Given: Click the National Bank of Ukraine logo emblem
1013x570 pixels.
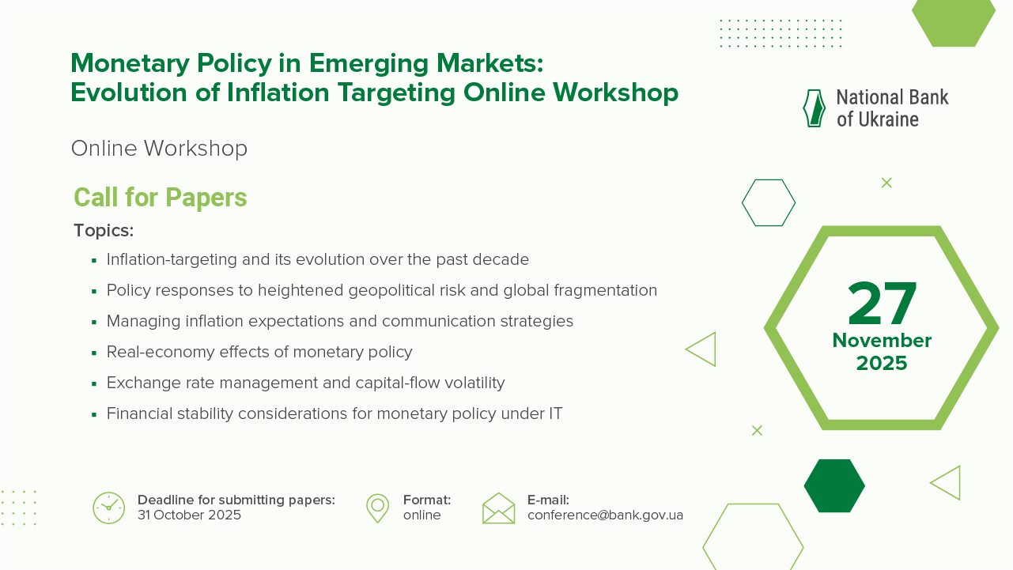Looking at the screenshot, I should tap(814, 108).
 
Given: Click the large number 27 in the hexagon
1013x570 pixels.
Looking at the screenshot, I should tap(882, 304).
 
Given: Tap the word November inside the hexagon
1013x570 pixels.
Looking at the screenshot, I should tap(882, 341).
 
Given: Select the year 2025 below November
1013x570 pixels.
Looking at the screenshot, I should tap(882, 364).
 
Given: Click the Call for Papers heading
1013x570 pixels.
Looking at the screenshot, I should tap(161, 198).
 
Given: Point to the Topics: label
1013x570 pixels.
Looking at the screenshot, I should tap(104, 231).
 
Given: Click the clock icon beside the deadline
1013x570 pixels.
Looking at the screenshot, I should tap(109, 508).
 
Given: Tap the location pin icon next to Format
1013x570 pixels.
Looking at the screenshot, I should tap(377, 508).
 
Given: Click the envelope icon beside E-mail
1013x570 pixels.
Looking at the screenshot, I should tap(498, 508).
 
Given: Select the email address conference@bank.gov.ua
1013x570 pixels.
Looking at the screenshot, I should tap(605, 515).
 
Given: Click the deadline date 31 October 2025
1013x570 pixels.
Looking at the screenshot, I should tap(189, 515).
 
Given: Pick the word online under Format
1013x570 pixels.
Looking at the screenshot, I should tap(421, 515).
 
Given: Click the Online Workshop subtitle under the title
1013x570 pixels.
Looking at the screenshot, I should tap(159, 149).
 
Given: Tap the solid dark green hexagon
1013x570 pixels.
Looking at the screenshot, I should tap(834, 485).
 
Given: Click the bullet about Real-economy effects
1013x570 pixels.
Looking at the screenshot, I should tap(259, 353).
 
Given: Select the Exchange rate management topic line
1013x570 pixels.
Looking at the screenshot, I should tap(305, 383).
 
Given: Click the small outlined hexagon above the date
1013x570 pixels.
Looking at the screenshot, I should tap(768, 203).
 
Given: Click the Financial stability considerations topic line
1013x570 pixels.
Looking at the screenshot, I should tap(335, 414).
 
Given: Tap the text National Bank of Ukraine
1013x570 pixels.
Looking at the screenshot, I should tap(892, 108).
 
